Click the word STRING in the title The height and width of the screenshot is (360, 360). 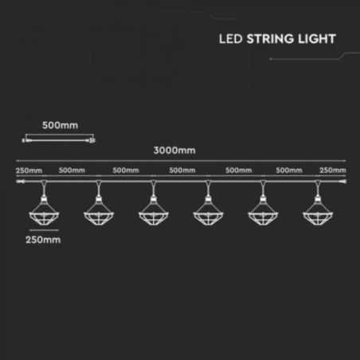click(270, 39)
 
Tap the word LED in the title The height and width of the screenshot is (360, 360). click(231, 39)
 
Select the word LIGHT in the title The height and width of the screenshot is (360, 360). click(317, 39)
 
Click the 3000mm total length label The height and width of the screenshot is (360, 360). click(174, 151)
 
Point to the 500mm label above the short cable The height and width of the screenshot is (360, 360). click(61, 125)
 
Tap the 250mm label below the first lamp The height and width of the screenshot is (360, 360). click(43, 240)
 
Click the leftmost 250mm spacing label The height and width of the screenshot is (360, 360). click(29, 170)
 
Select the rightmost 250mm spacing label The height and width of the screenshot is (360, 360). click(333, 170)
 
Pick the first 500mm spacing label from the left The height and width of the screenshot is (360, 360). click(72, 170)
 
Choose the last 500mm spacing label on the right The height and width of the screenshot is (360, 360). click(289, 170)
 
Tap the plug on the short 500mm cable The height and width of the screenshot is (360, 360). click(91, 140)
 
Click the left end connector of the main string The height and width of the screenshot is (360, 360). click(21, 182)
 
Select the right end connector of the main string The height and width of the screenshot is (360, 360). click(342, 182)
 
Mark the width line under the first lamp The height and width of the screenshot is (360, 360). click(44, 230)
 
